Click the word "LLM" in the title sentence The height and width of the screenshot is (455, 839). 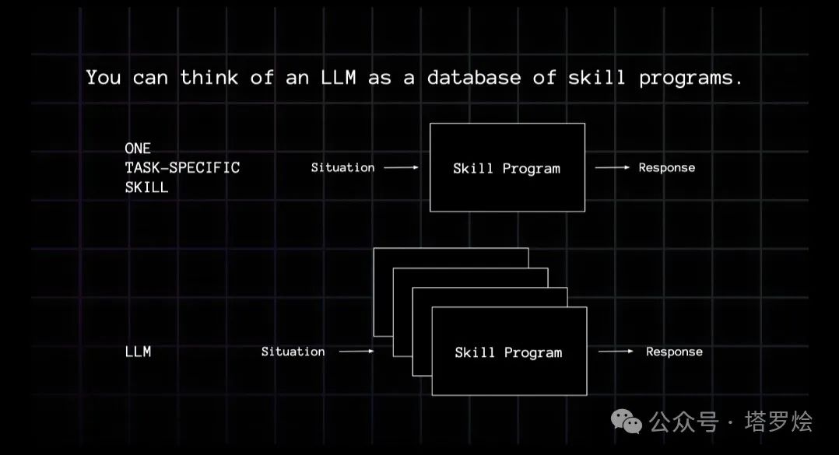coord(339,78)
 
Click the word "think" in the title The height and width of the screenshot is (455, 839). coord(209,78)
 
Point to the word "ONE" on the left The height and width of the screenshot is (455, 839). coord(138,148)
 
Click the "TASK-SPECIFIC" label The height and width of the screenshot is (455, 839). coord(182,167)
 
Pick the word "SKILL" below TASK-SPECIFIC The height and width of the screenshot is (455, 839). coord(146,187)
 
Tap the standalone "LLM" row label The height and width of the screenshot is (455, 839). coord(138,352)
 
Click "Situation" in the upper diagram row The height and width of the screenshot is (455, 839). coord(342,167)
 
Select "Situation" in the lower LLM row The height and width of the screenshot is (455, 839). coord(293,352)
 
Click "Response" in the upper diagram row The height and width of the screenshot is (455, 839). coord(666,167)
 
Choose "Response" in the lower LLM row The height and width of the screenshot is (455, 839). coord(674,352)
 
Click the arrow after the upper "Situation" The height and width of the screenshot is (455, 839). coord(402,167)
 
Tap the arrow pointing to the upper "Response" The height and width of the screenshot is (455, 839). coord(612,167)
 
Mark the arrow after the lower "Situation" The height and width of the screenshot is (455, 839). coord(356,352)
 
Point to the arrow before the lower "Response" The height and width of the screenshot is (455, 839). coord(616,352)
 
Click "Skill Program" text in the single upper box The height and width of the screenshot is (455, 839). coord(507,168)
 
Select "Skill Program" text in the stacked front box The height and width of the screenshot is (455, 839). coord(508,352)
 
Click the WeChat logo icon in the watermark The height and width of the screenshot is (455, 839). coord(627,422)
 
